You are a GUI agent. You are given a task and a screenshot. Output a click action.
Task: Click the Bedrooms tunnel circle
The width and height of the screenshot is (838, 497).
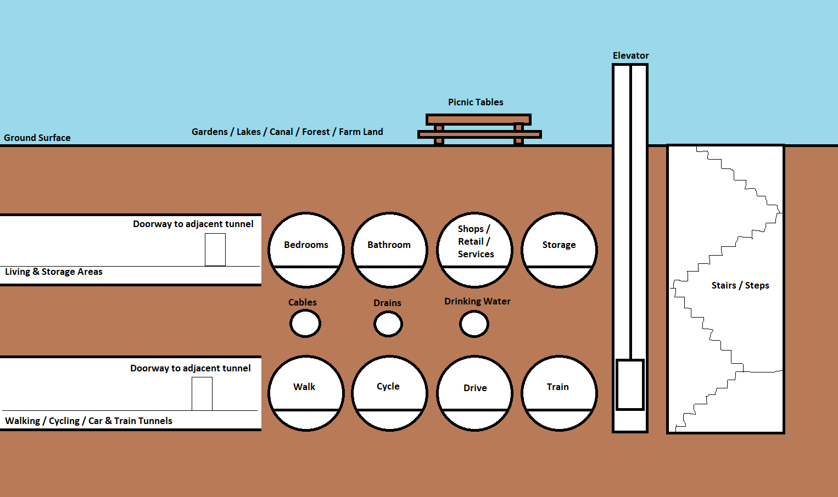(306, 250)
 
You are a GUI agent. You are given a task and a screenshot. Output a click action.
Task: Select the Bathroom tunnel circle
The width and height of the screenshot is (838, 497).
(389, 250)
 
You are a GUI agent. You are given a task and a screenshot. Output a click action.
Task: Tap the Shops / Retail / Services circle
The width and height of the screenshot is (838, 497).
(475, 250)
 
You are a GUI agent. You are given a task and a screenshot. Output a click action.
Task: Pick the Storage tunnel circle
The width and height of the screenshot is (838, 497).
(559, 250)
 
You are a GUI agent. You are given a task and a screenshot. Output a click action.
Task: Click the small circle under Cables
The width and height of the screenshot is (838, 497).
(305, 324)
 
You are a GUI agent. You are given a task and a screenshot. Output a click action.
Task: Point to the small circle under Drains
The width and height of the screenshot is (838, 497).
(388, 324)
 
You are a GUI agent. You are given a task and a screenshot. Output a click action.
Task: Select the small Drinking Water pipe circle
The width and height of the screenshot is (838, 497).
(474, 324)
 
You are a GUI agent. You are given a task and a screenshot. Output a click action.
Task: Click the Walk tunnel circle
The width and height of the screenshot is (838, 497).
(306, 393)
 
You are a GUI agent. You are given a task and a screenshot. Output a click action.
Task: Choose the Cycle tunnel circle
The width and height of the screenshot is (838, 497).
(389, 393)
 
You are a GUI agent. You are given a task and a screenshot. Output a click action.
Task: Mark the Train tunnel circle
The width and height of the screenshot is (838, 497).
(559, 393)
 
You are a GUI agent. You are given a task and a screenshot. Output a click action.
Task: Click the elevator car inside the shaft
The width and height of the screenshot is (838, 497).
(630, 385)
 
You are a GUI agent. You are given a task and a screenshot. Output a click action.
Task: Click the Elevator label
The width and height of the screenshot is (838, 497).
(630, 55)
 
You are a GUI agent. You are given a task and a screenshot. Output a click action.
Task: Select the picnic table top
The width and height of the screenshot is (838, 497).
(478, 120)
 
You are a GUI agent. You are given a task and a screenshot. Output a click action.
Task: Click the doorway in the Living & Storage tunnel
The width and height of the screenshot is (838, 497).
(215, 250)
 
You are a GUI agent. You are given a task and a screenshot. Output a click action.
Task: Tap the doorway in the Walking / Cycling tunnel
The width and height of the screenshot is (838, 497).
(202, 393)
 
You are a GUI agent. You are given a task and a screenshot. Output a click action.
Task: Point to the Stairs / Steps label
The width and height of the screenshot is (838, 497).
(740, 285)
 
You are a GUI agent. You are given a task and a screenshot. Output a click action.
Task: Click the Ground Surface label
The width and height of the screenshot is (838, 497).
(37, 138)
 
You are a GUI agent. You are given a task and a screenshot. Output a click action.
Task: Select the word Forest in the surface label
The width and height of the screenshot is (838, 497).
(316, 132)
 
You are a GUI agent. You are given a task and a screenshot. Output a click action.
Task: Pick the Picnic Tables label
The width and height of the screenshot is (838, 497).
(476, 102)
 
